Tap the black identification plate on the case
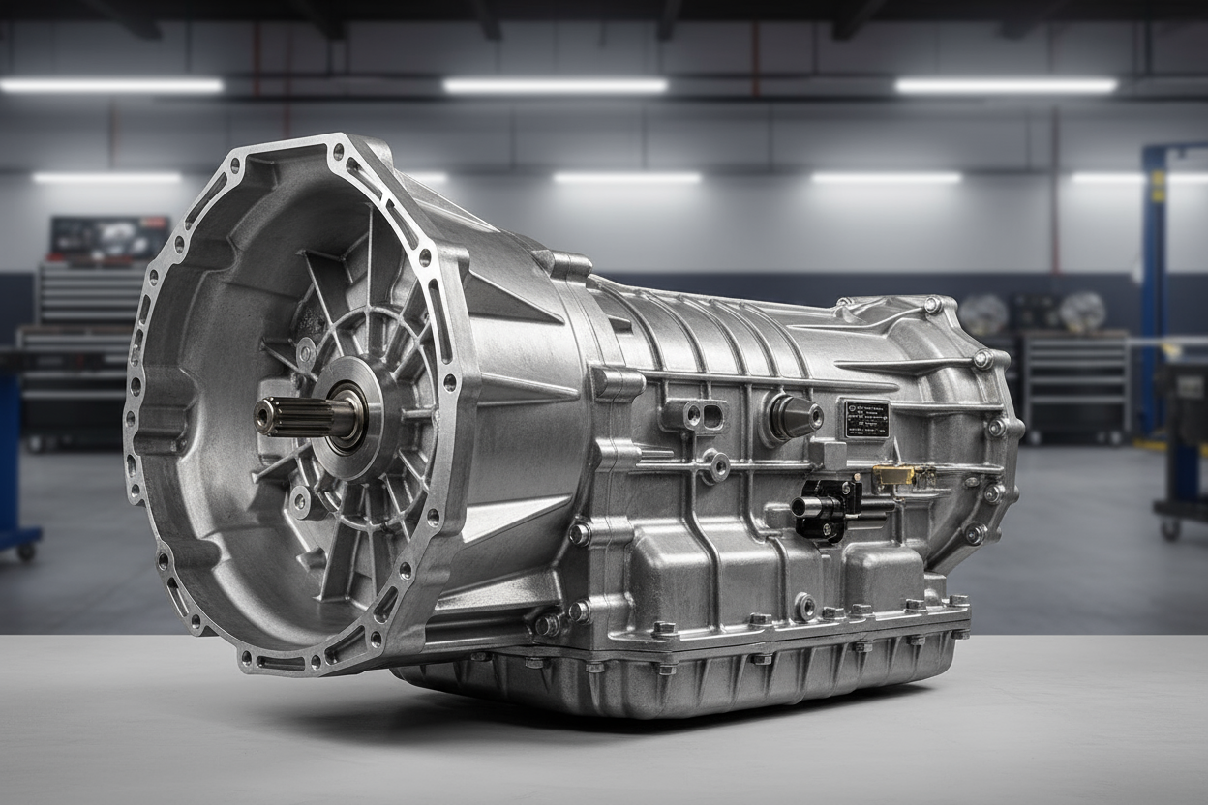[x=865, y=420]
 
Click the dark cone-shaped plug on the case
[x=794, y=417]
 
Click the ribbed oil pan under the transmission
[x=678, y=677]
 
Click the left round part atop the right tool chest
[x=984, y=313]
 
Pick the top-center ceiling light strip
[x=556, y=86]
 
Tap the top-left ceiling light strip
[x=111, y=86]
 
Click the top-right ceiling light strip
[x=1007, y=86]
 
